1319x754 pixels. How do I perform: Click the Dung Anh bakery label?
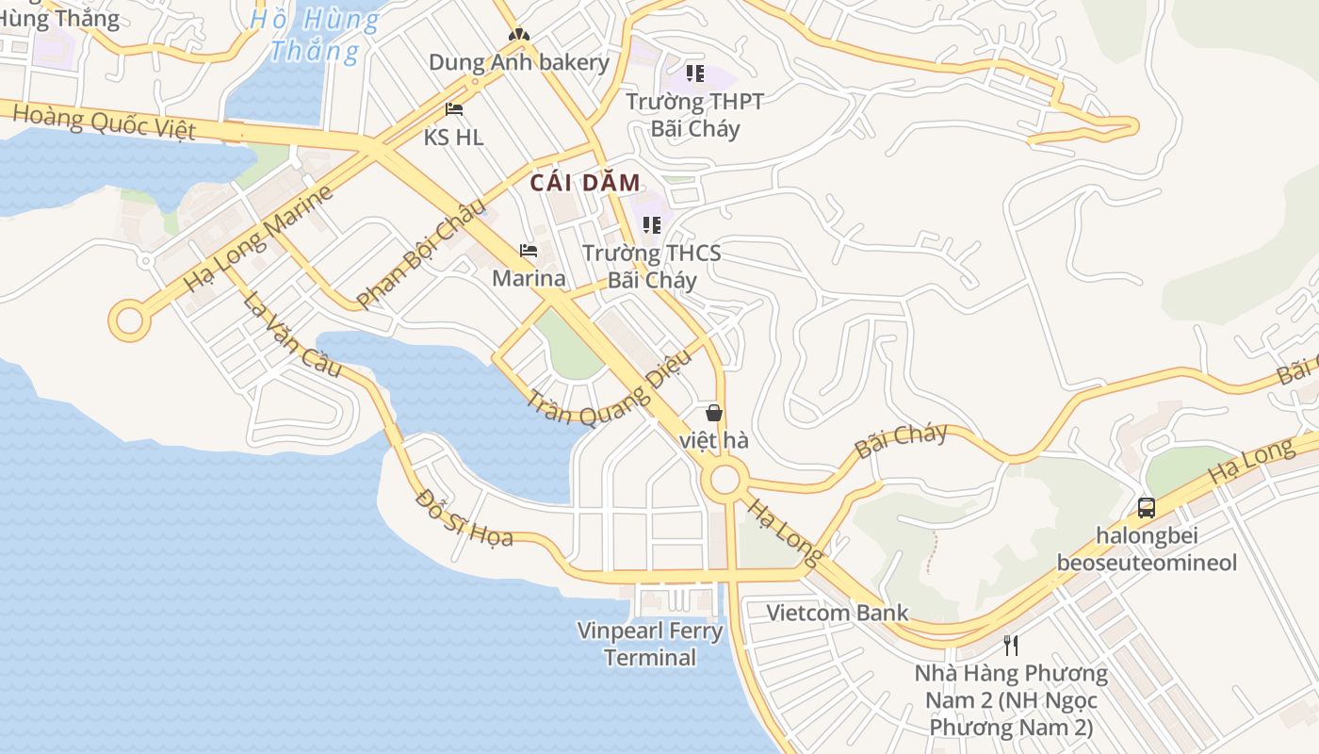pos(519,63)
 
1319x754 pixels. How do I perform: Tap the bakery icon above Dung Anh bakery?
pos(517,35)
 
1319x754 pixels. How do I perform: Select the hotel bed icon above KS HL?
pos(454,109)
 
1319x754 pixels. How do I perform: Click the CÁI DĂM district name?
pos(585,183)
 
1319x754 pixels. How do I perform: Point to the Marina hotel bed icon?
pos(529,251)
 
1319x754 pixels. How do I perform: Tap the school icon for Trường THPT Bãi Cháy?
pos(695,73)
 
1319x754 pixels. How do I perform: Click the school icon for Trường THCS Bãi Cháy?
pos(651,225)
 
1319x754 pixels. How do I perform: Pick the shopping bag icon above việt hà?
pos(714,413)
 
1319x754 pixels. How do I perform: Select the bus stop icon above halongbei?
pos(1147,507)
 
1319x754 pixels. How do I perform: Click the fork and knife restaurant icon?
pos(1011,646)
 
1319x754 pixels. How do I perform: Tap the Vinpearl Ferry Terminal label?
pos(650,644)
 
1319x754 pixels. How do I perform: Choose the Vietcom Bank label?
pos(837,613)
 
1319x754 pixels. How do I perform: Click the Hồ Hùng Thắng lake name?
pos(314,35)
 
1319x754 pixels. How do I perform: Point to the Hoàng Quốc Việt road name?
pos(105,122)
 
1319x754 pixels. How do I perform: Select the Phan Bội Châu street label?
pos(422,252)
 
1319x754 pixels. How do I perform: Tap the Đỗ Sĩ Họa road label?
pos(464,517)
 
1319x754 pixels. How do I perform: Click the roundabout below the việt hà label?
pos(725,480)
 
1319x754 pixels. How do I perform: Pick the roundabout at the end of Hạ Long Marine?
pos(129,321)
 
